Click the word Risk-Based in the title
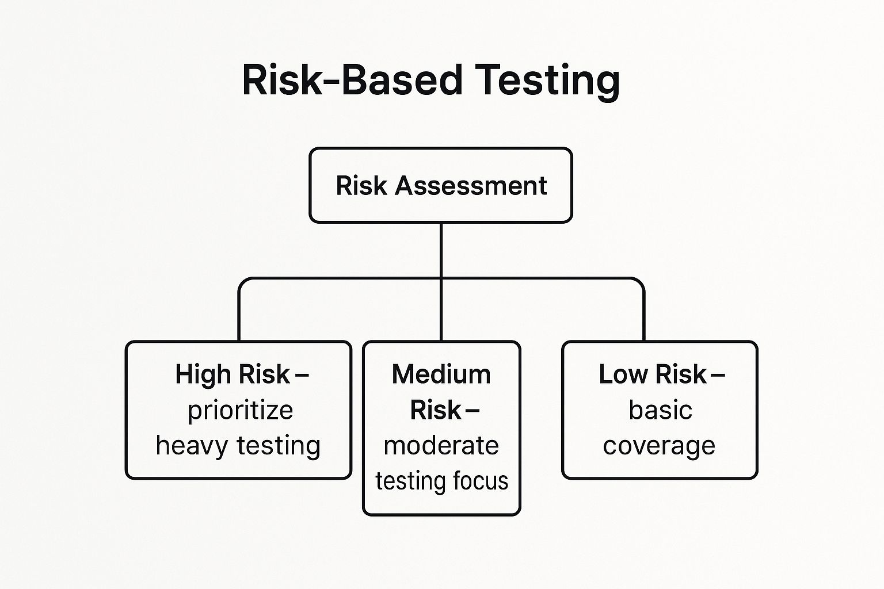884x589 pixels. (352, 79)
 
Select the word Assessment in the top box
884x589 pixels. (471, 186)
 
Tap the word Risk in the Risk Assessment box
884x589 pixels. (361, 186)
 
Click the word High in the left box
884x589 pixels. (203, 374)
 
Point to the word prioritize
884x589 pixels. (240, 411)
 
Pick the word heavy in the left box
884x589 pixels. (192, 446)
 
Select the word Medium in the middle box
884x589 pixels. (441, 374)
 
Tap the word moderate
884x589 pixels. (441, 446)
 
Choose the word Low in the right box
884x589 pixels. (623, 374)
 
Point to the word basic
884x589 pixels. (660, 411)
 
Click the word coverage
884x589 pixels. (659, 446)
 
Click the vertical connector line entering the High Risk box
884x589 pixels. (239, 316)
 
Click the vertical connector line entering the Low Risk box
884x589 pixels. (643, 316)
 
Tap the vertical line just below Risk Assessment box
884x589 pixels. (441, 247)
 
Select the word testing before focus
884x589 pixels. (410, 481)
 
